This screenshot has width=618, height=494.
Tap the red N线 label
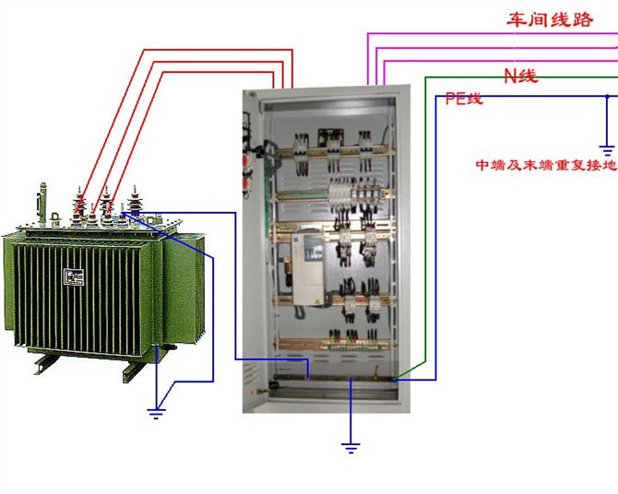point(520,76)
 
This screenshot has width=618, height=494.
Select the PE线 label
point(464,99)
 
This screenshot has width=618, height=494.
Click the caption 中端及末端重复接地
point(545,166)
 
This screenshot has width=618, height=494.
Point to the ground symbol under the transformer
point(156,412)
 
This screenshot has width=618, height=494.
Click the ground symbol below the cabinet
point(351,447)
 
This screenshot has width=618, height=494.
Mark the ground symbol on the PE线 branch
point(606,147)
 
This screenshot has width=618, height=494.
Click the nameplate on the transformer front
point(73,277)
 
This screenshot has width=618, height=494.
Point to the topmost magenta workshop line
point(489,34)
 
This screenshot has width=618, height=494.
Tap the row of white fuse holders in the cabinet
point(352,194)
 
